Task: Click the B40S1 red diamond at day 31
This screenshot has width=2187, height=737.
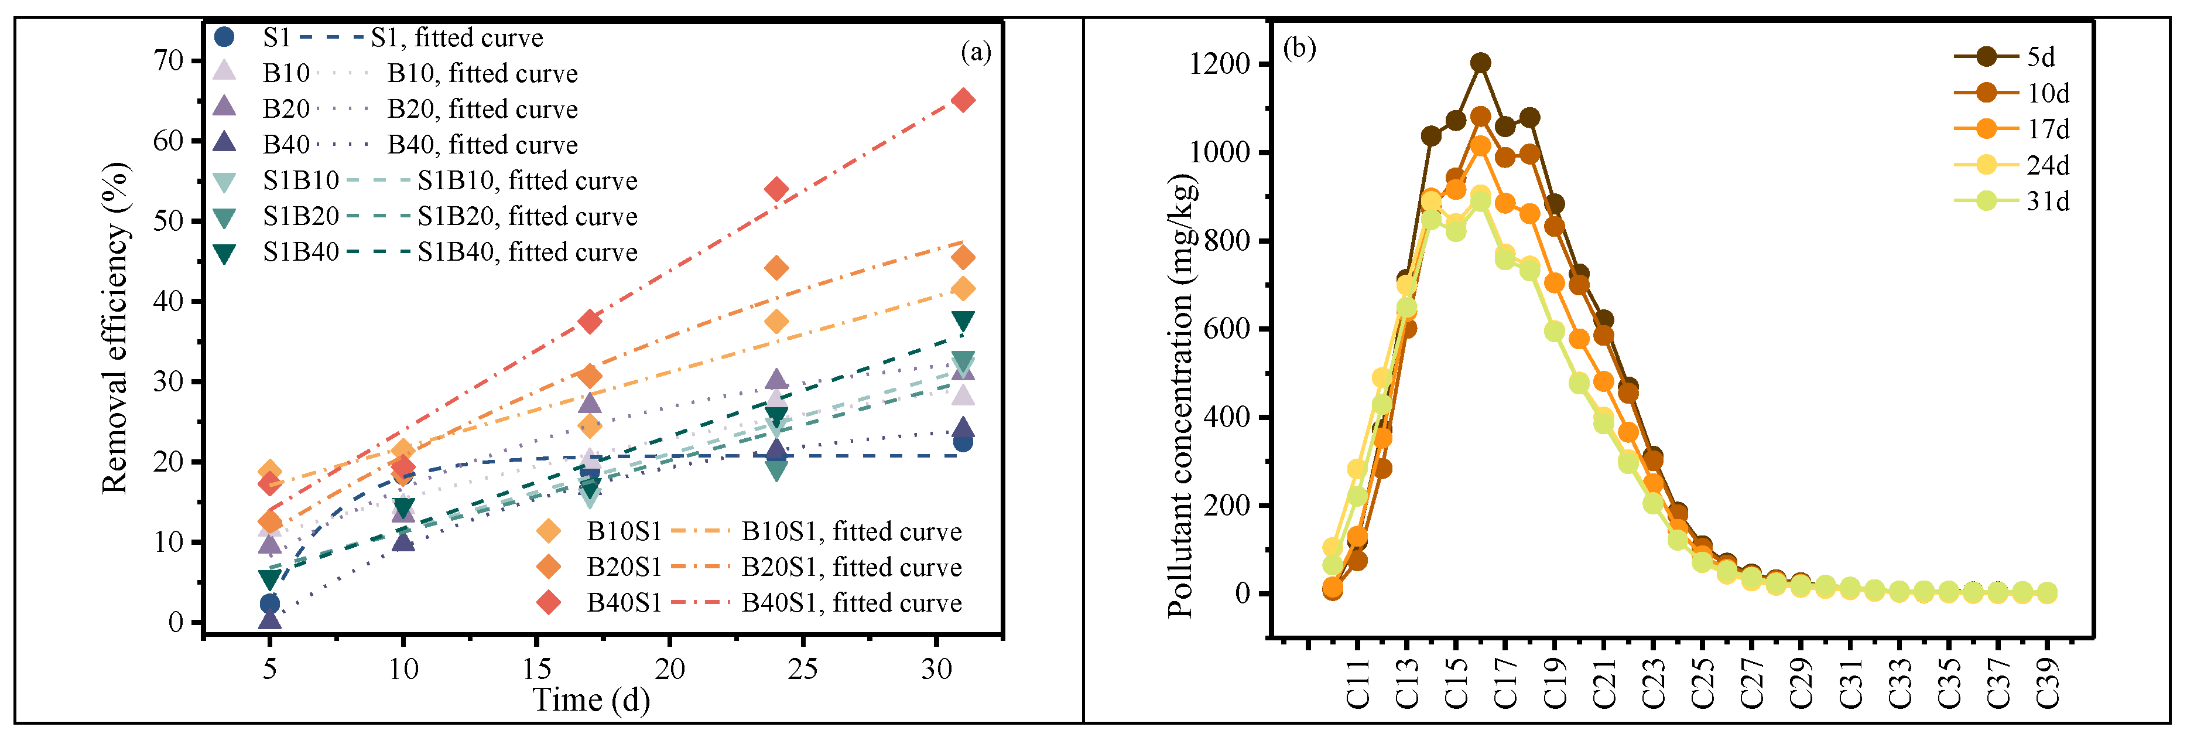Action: pos(962,100)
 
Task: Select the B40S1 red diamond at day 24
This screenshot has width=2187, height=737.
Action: pos(776,189)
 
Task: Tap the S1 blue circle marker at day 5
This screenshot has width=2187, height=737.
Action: pos(269,603)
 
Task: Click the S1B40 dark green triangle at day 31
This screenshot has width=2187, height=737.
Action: pos(962,321)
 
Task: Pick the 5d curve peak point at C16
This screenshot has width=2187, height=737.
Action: pos(1481,63)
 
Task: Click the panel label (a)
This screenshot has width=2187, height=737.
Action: pos(976,53)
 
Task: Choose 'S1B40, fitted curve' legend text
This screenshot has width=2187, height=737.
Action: pos(527,252)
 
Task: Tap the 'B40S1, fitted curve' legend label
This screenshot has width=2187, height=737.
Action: pos(851,603)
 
